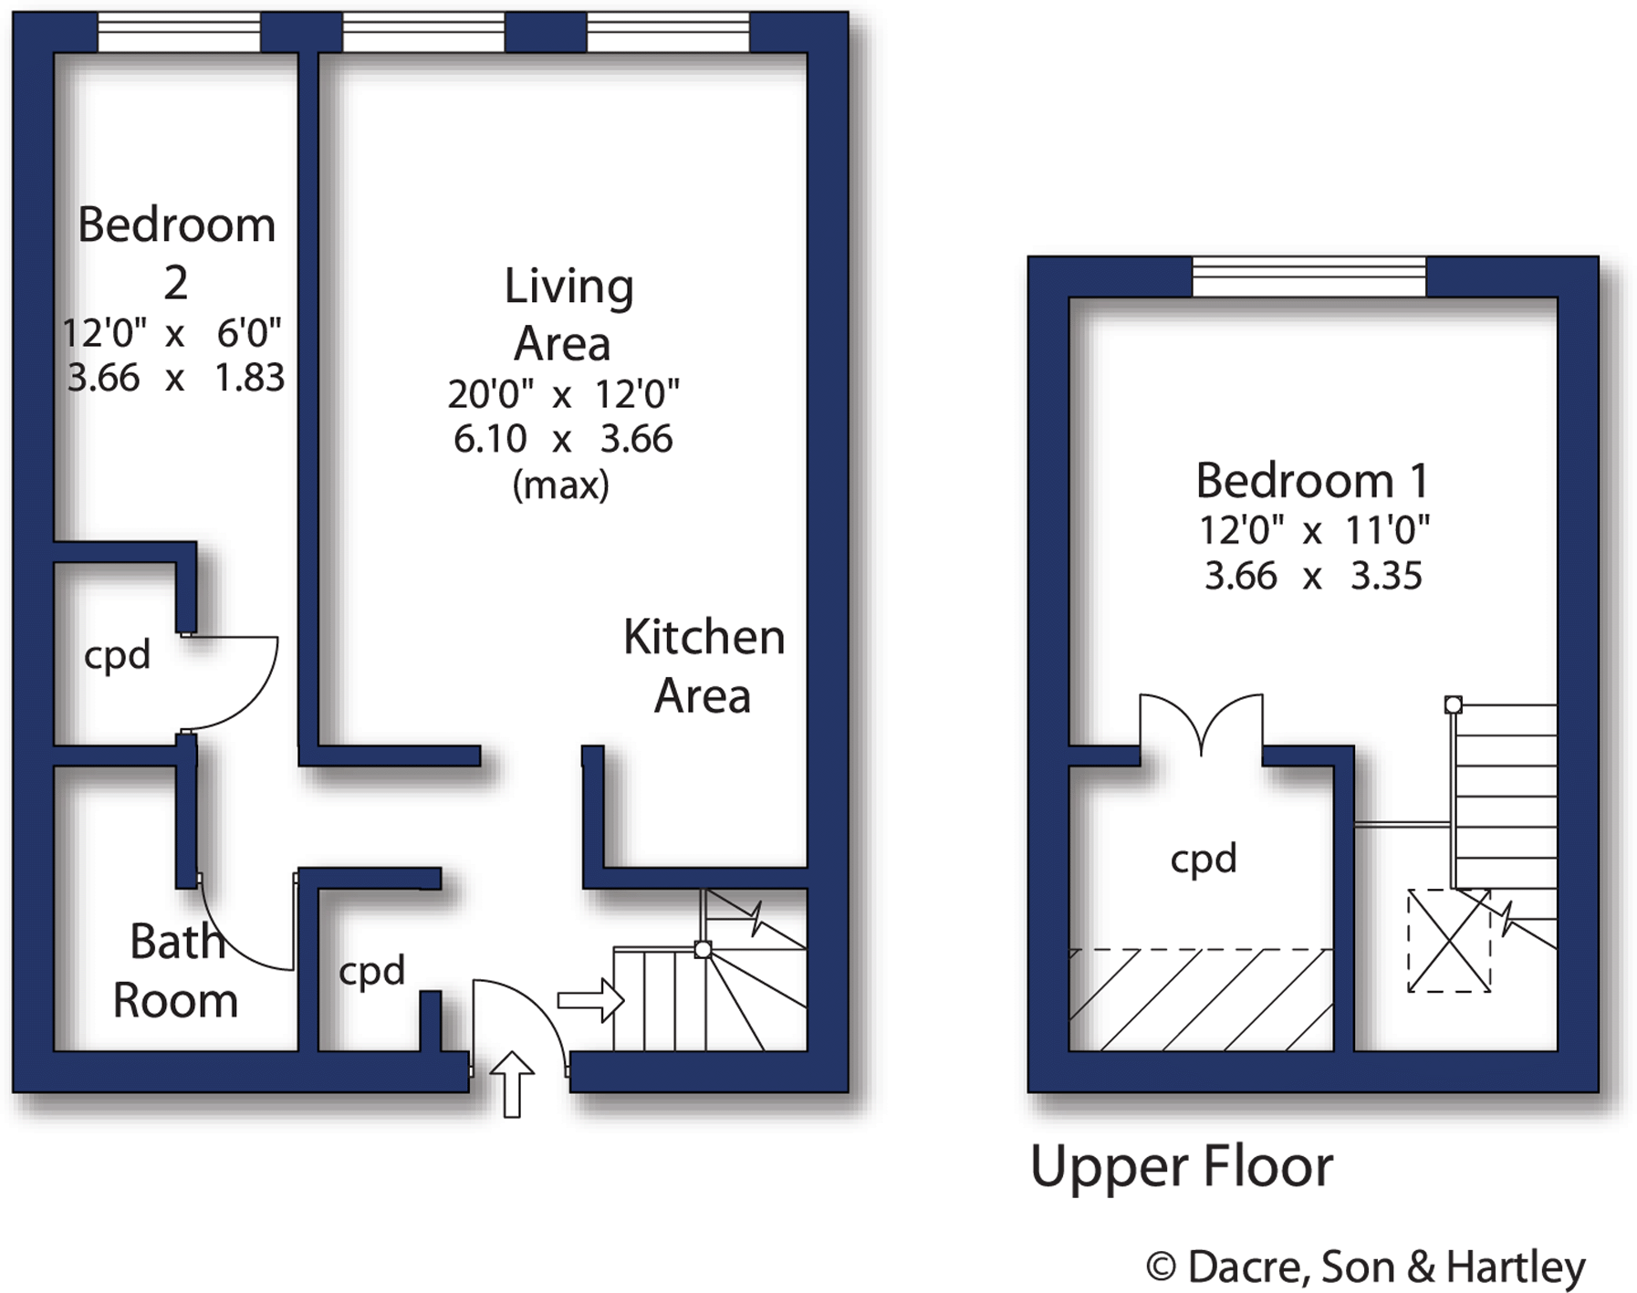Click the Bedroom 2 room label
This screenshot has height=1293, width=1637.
175,253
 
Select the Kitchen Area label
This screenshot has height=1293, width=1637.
703,666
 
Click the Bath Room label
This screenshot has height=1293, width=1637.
176,971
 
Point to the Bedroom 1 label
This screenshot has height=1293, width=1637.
1311,481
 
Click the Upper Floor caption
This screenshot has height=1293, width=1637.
1181,1167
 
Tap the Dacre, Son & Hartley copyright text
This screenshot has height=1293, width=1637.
1366,1267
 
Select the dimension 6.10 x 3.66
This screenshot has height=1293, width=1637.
562,439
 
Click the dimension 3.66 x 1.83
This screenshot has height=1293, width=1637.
175,378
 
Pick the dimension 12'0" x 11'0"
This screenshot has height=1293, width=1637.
1313,529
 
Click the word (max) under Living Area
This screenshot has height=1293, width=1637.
560,485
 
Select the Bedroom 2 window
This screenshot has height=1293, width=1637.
179,32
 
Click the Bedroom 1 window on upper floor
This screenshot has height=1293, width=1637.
1309,276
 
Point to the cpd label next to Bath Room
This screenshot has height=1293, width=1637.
371,971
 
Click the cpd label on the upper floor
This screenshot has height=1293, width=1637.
1203,859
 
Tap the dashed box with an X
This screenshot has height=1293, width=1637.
1448,940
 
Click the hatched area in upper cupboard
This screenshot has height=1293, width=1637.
1200,1000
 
